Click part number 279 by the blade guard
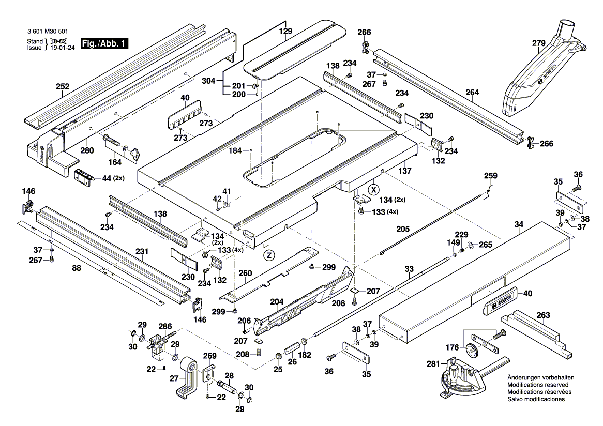[538, 43]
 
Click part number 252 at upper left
[63, 87]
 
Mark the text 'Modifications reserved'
[538, 385]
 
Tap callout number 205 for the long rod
[403, 229]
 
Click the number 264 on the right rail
[472, 93]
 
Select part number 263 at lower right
[543, 315]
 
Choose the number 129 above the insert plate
[285, 32]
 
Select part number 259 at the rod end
[490, 176]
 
